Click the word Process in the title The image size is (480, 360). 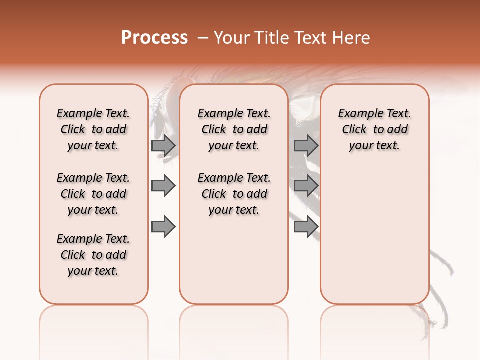(154, 38)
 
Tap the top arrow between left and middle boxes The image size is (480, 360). (163, 146)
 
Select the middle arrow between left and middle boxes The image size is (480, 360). (163, 186)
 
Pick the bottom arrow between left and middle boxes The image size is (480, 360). (163, 227)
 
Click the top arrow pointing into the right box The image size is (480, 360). (306, 146)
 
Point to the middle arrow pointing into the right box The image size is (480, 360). (306, 186)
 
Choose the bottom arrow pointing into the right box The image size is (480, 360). (306, 227)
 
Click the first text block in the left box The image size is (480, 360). (93, 129)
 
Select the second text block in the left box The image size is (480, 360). (93, 194)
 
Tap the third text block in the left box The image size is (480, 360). (93, 255)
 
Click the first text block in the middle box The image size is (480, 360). (234, 129)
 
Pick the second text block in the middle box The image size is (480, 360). (234, 194)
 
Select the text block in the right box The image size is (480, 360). (374, 129)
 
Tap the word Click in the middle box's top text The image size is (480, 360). (214, 130)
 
